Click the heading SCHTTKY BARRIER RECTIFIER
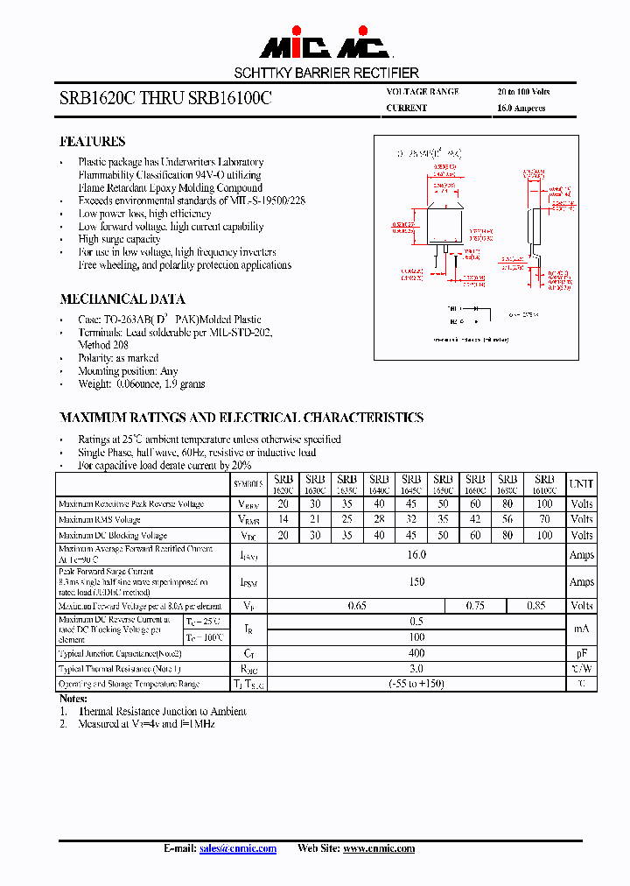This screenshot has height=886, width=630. point(325,73)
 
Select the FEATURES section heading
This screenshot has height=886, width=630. point(92,141)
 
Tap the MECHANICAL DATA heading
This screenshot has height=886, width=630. point(122,299)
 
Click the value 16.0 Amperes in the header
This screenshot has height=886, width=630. point(521,109)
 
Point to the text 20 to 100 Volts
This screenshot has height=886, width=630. point(523,92)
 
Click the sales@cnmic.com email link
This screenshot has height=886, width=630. point(238,848)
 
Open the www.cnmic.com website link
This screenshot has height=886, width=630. point(378,848)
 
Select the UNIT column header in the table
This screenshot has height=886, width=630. point(581,483)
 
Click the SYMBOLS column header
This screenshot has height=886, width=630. point(248,484)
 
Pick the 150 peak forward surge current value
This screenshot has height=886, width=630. point(416,581)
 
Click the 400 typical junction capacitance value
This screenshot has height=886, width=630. point(416,653)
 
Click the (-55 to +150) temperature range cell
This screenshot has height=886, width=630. point(416,684)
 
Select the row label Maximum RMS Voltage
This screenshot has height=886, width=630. point(99,520)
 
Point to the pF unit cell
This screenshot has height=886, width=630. point(581,653)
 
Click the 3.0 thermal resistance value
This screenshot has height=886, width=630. point(416,668)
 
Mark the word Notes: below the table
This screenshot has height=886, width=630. point(73,699)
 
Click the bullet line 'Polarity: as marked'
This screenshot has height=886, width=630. point(118,358)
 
